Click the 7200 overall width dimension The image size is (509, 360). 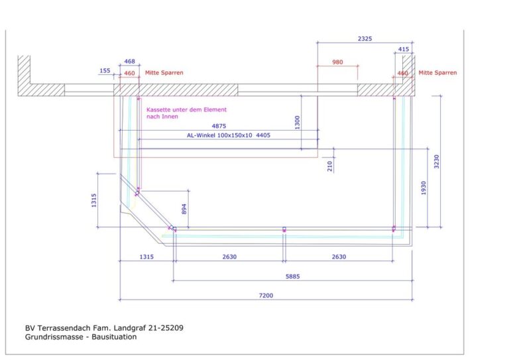coord(266,296)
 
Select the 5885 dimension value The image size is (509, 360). coord(292,276)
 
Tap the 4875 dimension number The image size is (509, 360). coord(219,126)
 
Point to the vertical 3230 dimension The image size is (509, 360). coord(437,161)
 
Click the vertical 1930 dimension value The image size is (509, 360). coord(424,188)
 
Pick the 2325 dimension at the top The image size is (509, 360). coord(365,38)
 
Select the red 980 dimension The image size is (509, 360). coord(337,62)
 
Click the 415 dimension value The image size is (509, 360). coord(404,49)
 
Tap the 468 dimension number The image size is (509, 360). coord(129,62)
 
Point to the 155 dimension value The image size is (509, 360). coord(105,70)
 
